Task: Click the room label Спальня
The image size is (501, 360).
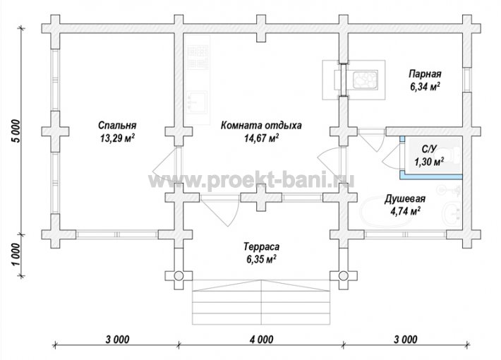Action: [117, 126]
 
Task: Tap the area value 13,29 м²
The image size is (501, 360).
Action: [117, 138]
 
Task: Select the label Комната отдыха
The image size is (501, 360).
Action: [261, 125]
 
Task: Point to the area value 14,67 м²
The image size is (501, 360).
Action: [261, 138]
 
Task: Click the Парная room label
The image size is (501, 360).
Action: [425, 74]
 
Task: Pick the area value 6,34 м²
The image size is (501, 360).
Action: [425, 86]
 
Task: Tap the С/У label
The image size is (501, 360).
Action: [429, 149]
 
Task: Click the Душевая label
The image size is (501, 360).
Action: [405, 198]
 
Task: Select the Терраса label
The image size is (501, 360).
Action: [261, 246]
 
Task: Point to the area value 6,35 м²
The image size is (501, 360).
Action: [261, 259]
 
